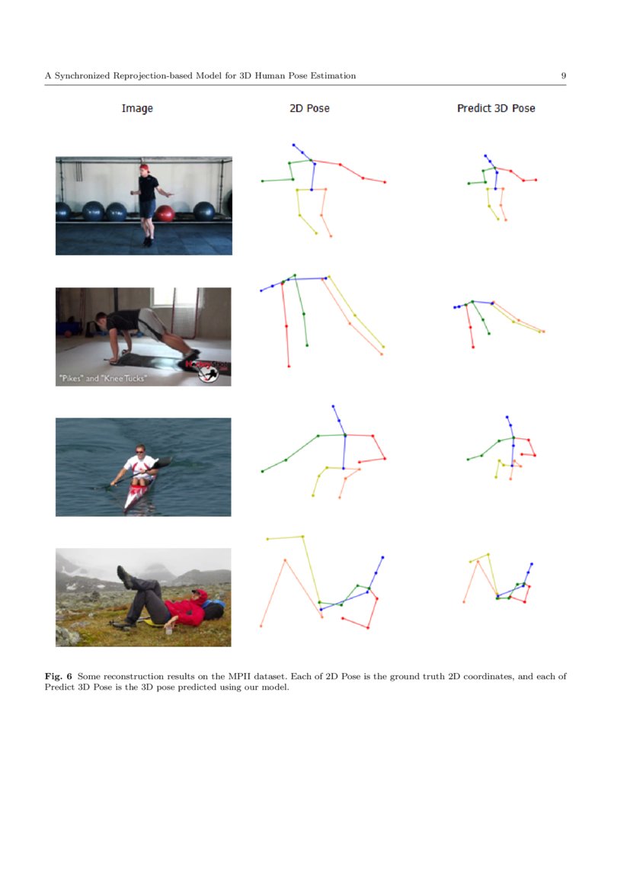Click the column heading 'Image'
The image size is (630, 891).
pos(137,108)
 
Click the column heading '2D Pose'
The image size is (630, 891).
pos(309,108)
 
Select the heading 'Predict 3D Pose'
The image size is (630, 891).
pos(496,108)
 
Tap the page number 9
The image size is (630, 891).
pos(563,75)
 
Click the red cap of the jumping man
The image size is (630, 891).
pos(143,168)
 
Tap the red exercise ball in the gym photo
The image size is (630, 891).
pos(165,213)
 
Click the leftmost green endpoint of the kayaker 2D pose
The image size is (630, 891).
pos(262,471)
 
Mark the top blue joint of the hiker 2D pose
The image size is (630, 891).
pos(382,557)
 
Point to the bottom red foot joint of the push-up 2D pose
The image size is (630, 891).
pos(289,367)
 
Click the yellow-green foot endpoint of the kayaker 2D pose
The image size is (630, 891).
pos(313,495)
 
